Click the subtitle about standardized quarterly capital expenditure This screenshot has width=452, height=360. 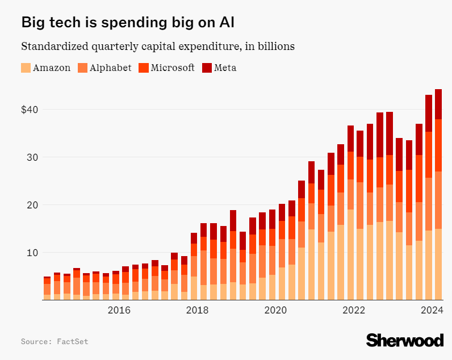tap(157, 46)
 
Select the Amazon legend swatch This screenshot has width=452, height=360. tap(26, 68)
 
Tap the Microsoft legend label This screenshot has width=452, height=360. tap(173, 68)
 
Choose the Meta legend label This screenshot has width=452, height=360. tap(225, 68)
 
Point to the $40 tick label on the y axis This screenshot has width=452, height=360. tap(31, 109)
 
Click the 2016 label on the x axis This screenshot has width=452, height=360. tap(119, 310)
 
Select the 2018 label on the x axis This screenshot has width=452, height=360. tap(197, 310)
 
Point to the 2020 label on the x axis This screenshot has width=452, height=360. tap(275, 310)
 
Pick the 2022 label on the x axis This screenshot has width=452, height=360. tap(354, 310)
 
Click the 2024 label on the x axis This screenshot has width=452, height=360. tap(432, 310)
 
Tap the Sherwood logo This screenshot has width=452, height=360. tap(404, 340)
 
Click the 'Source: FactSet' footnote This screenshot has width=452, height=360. tap(55, 341)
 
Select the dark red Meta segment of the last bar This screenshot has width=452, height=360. tap(438, 104)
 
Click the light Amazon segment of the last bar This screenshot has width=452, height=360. tap(438, 264)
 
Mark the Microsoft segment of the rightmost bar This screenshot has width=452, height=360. tap(438, 145)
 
